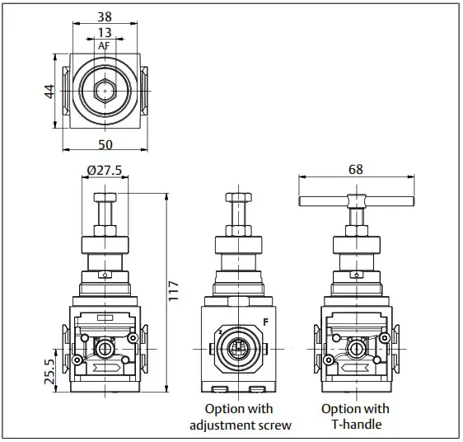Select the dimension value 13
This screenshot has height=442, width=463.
(104, 32)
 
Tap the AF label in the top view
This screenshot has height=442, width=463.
(104, 46)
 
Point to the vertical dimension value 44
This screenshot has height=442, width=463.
(49, 91)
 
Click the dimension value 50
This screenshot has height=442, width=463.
(105, 144)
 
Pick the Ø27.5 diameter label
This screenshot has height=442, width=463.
(105, 171)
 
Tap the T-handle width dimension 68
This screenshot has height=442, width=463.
(356, 170)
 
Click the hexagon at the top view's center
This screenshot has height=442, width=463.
(105, 90)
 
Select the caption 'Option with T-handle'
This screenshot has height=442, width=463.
(354, 417)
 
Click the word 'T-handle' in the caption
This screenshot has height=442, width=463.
(355, 426)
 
